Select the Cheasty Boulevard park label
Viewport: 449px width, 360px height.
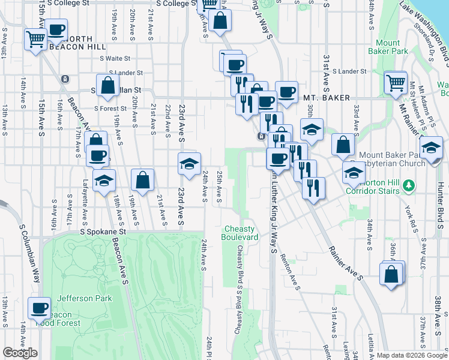click(x=241, y=233)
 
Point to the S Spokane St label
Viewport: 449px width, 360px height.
click(x=105, y=231)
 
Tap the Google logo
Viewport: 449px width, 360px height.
click(x=20, y=353)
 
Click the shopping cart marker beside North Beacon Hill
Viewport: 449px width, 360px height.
click(x=35, y=40)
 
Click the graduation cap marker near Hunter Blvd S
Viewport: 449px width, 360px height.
click(x=431, y=148)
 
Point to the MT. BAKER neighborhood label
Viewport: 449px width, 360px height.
click(x=322, y=97)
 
